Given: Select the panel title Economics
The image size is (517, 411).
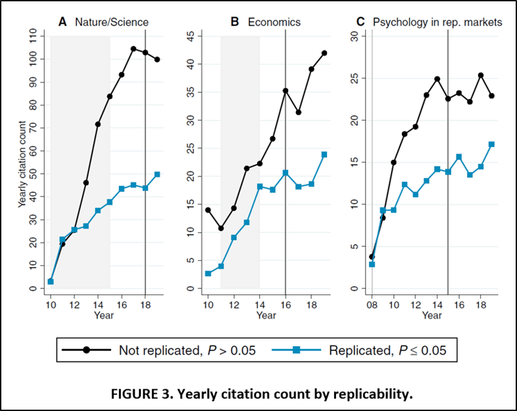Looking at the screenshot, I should [274, 22].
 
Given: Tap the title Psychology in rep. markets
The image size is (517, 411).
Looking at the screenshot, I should [437, 22].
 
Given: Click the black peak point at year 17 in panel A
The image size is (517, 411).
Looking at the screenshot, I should [133, 49].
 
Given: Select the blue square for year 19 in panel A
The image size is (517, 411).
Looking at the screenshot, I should [157, 175].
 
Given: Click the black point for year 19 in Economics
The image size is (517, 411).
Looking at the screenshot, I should [324, 53].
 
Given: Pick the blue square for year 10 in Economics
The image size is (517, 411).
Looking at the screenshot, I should [208, 273].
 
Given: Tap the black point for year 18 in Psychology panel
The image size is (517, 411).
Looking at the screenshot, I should [481, 75].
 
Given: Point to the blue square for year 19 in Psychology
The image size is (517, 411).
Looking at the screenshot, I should [491, 144].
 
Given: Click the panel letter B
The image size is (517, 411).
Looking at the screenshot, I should [234, 22].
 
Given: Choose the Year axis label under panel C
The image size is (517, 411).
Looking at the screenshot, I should [431, 315].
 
